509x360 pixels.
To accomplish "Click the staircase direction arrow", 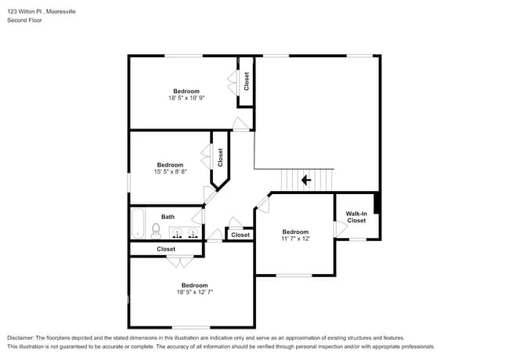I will pos(305,180).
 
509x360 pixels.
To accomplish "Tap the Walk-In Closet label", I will pos(356,217).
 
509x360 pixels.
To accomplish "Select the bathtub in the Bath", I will pos(138,223).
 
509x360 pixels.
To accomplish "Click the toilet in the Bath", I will pos(156,231).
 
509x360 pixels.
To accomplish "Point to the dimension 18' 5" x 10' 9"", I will pos(186,99).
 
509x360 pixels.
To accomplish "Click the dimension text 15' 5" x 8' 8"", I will pos(170,172).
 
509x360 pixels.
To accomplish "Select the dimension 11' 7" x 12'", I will pos(295,239).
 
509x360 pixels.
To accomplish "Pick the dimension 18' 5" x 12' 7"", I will pos(194,292).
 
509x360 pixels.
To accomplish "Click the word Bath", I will pos(168,217).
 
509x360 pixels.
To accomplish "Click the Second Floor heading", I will pos(24,20).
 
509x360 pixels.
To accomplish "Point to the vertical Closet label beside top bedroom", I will pos(246,81).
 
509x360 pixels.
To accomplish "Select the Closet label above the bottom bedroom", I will pos(166,249).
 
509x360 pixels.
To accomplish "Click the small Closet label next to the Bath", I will pos(240,235).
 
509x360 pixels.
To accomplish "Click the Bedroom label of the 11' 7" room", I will pos(295,232).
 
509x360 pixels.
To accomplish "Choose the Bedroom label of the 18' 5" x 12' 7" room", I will pos(194,285).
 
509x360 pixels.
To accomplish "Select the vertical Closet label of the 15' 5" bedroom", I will pos(220,157).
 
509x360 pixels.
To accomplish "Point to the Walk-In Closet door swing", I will pos(340,229).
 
